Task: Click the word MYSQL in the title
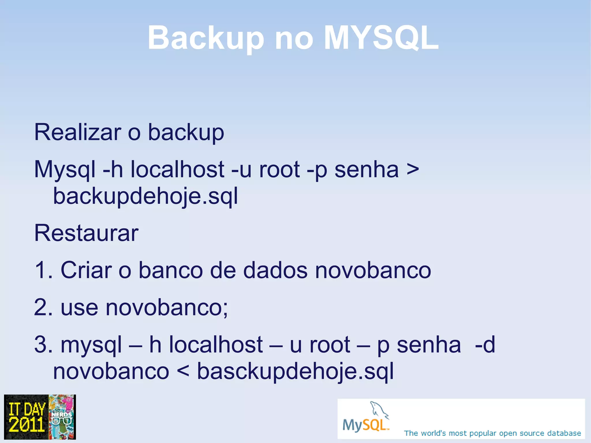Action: tap(381, 38)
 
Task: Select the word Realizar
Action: tap(77, 132)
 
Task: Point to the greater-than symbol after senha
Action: tap(412, 170)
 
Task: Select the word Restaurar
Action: tap(86, 233)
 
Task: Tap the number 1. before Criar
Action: tap(43, 270)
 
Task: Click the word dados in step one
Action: tap(275, 270)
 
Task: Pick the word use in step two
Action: tap(79, 308)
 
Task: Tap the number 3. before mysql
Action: tap(43, 345)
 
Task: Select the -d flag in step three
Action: tap(485, 345)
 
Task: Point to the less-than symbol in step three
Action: tap(183, 371)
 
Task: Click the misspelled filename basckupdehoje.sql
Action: tap(295, 372)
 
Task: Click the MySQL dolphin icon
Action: tap(379, 410)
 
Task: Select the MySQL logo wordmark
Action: tap(365, 425)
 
